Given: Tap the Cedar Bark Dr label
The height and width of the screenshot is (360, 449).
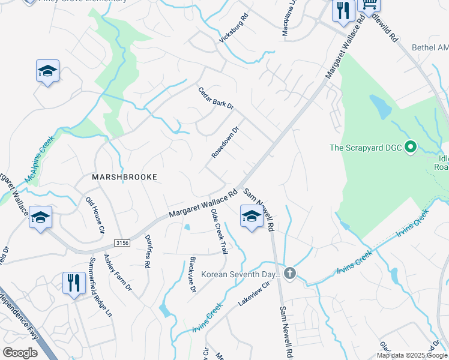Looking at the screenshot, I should [215, 98].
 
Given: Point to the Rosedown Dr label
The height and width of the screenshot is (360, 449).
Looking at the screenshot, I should [225, 142].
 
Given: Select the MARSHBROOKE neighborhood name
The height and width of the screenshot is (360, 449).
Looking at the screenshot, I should [124, 177].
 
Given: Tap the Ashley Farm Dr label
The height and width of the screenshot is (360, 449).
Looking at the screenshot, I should [118, 272].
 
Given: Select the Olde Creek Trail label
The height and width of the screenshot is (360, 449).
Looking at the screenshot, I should [220, 232].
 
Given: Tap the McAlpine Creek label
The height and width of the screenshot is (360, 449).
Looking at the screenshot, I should [40, 158].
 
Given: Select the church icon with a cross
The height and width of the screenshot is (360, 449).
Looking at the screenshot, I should [290, 274].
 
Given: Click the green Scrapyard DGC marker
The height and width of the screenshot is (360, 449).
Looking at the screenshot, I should [411, 146].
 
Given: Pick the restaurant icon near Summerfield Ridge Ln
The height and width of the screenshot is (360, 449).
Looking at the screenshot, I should [73, 283].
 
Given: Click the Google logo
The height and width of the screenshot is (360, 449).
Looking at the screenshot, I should [20, 353].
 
